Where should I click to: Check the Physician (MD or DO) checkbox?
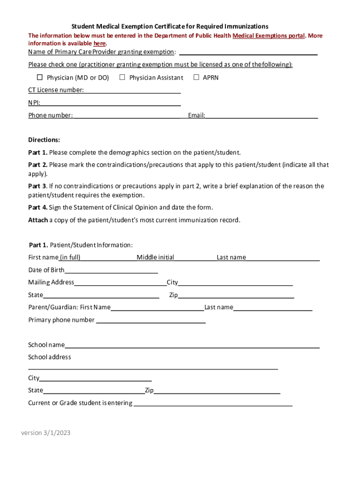click(40, 77)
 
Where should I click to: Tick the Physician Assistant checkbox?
click(122, 77)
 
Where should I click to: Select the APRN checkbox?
click(196, 77)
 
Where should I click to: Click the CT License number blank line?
click(132, 90)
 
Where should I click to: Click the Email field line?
click(261, 115)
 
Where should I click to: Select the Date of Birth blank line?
click(111, 270)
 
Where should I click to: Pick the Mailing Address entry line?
click(120, 283)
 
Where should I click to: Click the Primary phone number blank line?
click(151, 320)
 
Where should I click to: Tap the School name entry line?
click(192, 345)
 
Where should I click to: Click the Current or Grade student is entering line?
click(213, 403)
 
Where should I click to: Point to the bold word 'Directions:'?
click(44, 140)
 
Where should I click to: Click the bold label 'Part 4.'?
click(38, 208)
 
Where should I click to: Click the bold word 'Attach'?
click(38, 220)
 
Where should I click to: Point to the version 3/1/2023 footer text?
click(46, 433)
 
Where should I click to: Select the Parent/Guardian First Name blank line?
click(157, 307)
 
